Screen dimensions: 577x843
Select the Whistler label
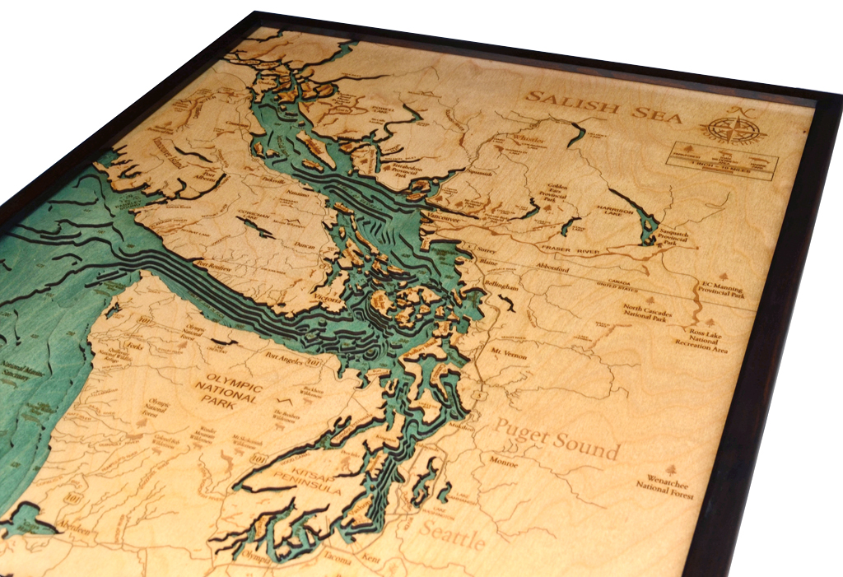tap(526, 140)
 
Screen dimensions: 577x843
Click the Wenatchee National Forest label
tap(665, 486)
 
